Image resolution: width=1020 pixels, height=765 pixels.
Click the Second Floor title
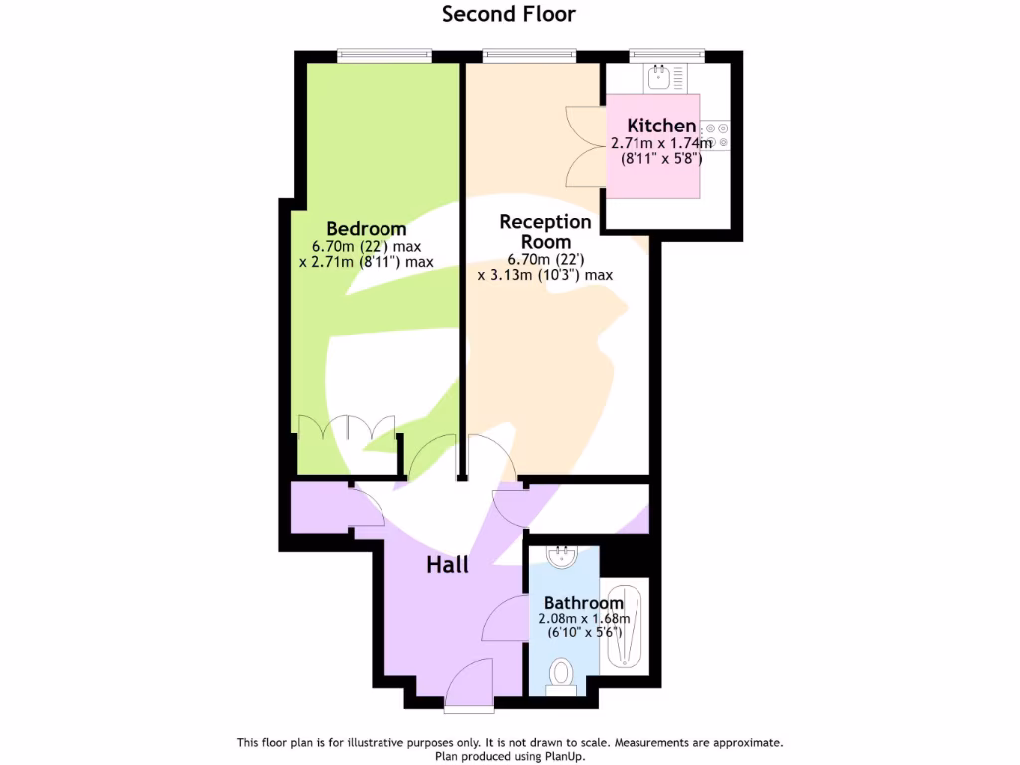[509, 14]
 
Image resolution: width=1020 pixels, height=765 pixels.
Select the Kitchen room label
[661, 126]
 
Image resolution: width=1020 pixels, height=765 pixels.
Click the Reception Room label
[545, 231]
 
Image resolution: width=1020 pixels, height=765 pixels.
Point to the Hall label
[448, 564]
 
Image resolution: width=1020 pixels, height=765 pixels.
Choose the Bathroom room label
[583, 603]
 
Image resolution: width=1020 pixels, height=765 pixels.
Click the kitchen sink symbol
[658, 75]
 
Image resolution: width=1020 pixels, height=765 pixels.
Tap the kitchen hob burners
[717, 134]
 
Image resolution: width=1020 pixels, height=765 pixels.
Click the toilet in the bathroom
[563, 675]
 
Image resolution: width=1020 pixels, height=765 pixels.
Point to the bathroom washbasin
[563, 555]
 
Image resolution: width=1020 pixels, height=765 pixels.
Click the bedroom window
[377, 56]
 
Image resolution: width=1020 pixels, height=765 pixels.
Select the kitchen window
[667, 56]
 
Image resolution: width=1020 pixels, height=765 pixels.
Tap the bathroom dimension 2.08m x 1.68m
[583, 618]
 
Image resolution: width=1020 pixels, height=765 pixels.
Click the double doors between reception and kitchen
[585, 147]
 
